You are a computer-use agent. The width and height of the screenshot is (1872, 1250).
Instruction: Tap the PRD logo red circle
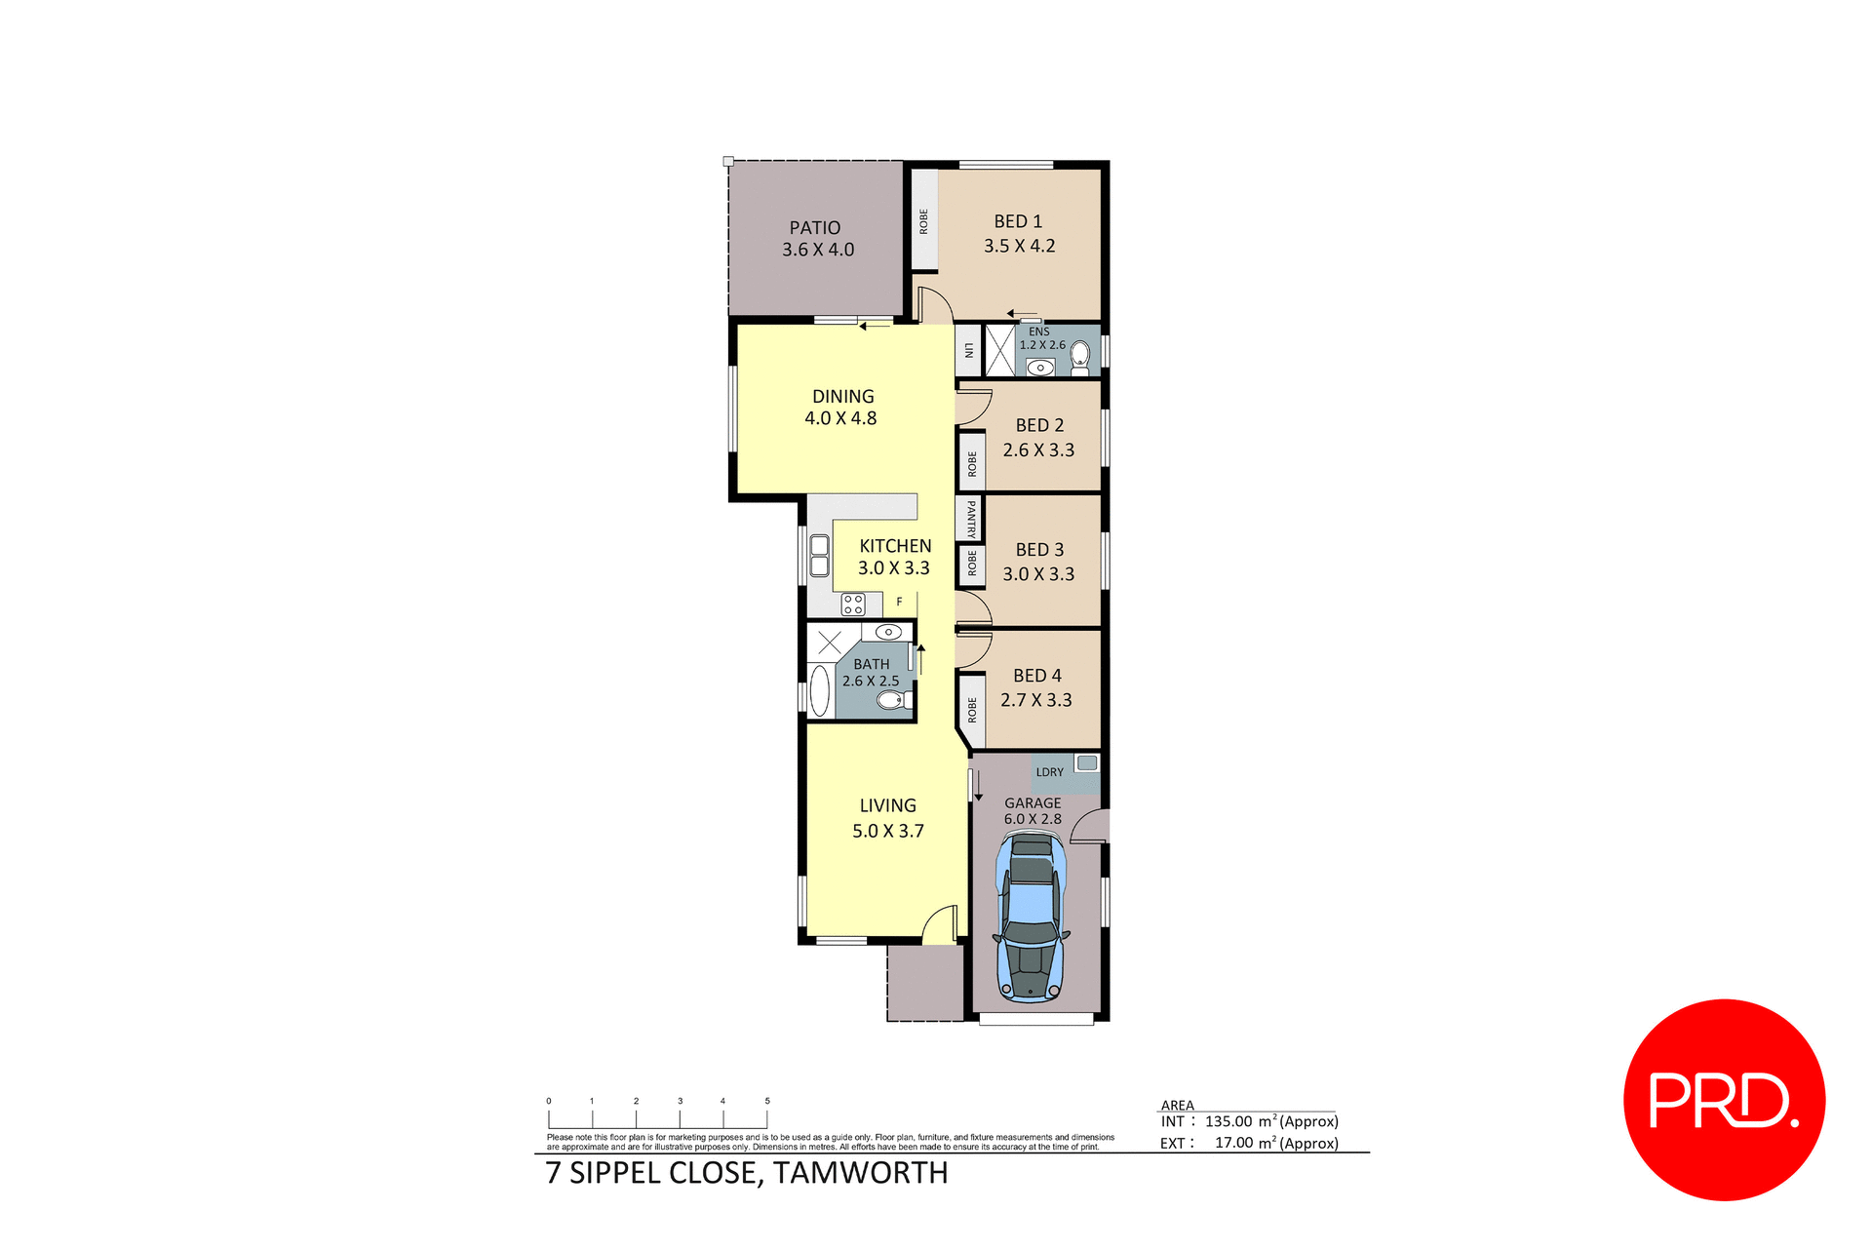pyautogui.click(x=1724, y=1099)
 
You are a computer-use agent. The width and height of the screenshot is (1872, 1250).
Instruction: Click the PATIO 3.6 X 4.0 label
pyautogui.click(x=817, y=239)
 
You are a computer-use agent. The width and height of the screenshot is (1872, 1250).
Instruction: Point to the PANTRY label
pyautogui.click(x=971, y=519)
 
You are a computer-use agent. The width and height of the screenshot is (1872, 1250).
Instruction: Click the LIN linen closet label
pyautogui.click(x=968, y=350)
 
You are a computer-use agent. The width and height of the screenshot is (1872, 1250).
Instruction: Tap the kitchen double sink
pyautogui.click(x=819, y=555)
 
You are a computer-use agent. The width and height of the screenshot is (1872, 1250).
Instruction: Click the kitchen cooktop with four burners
pyautogui.click(x=853, y=605)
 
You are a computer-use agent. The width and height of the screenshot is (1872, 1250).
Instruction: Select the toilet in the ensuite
pyautogui.click(x=1079, y=358)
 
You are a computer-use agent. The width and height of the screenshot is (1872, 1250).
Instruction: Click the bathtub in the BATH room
pyautogui.click(x=819, y=691)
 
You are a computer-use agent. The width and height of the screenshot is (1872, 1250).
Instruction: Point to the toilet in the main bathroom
pyautogui.click(x=893, y=700)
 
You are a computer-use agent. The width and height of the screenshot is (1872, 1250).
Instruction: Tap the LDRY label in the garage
pyautogui.click(x=1049, y=772)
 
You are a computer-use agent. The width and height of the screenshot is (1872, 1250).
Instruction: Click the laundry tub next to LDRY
pyautogui.click(x=1086, y=762)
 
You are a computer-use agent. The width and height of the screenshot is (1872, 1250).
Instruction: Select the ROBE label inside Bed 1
pyautogui.click(x=923, y=221)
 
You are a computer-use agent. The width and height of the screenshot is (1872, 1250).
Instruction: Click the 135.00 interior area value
pyautogui.click(x=1228, y=1121)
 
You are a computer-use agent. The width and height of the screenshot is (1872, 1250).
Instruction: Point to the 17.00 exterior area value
pyautogui.click(x=1232, y=1143)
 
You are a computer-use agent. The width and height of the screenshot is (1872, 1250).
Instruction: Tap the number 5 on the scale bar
pyautogui.click(x=767, y=1101)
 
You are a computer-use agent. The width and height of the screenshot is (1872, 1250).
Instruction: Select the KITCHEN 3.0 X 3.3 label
pyautogui.click(x=894, y=557)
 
